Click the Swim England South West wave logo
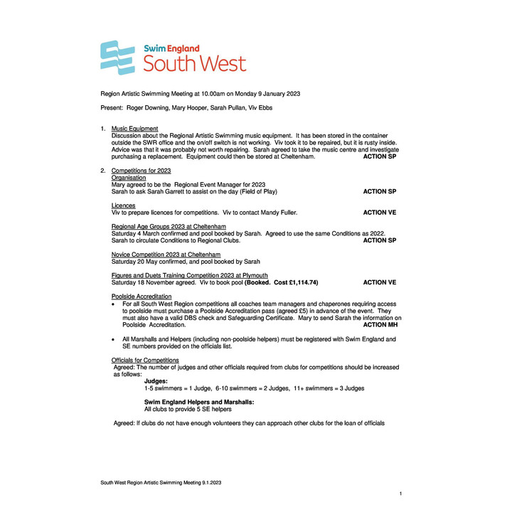tap(117, 58)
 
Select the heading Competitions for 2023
tap(141, 171)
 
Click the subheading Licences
tap(123, 206)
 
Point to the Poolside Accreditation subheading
tap(142, 296)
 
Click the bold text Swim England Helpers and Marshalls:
tap(199, 402)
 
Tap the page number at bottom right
tap(401, 493)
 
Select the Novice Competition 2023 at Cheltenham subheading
tap(166, 254)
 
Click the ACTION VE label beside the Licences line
tap(380, 213)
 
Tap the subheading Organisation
tap(129, 178)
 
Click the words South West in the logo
tap(195, 63)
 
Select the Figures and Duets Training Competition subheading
tap(190, 275)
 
